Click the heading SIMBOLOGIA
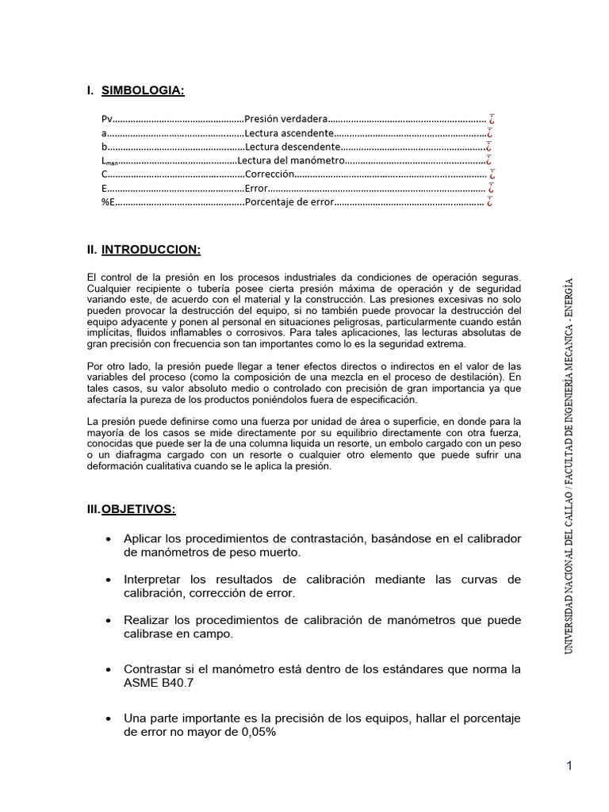point(143,91)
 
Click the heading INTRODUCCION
point(151,250)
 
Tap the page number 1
point(569,765)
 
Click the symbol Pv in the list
point(107,119)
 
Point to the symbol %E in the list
point(109,202)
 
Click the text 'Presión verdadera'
point(285,119)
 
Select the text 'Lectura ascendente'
point(289,133)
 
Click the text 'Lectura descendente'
point(292,147)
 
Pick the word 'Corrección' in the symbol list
point(270,174)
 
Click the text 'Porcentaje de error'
point(289,202)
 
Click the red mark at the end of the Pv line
point(492,119)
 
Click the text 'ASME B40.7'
point(155,682)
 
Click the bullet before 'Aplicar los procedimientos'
point(108,539)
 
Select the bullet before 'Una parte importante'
point(108,718)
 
